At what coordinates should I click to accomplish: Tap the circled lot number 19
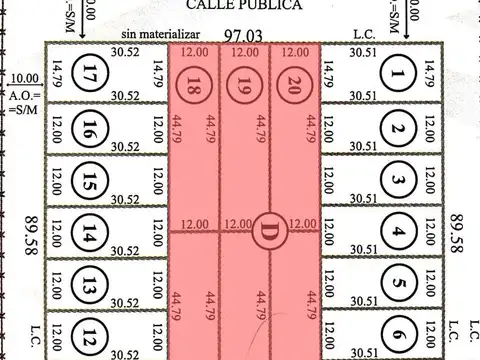pos(243,84)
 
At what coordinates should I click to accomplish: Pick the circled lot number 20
pos(293,83)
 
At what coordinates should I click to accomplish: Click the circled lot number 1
pos(399,72)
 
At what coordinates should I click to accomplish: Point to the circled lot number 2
pos(398,128)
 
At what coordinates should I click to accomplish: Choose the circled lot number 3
pos(398,181)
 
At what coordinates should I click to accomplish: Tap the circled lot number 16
pos(91,129)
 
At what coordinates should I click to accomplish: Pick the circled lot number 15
pos(91,184)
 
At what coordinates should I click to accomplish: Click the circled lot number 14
pos(91,235)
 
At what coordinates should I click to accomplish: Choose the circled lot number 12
pos(91,336)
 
